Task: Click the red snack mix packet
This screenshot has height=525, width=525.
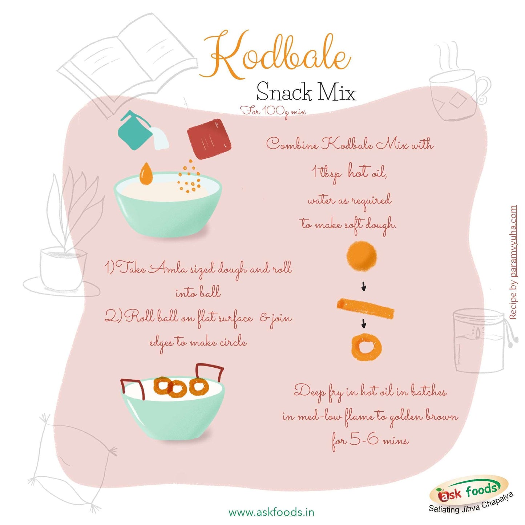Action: tap(209, 139)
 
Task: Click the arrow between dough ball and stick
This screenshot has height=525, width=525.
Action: tap(363, 287)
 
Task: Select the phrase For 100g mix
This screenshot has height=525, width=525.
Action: tap(273, 112)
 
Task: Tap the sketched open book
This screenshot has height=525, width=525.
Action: tap(128, 65)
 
